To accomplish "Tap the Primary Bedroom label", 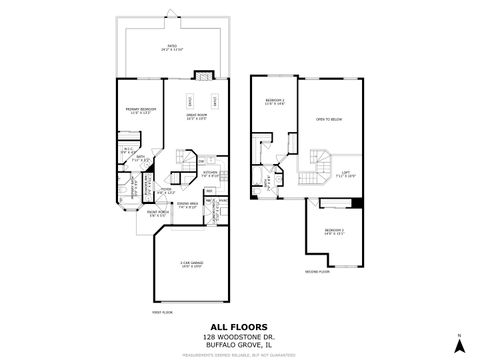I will pos(139,110).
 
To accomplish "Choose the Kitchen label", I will pos(210,172).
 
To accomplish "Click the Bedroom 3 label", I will pos(335,232).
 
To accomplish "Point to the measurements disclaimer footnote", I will pos(240,353).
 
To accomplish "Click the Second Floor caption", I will pos(318,272).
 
